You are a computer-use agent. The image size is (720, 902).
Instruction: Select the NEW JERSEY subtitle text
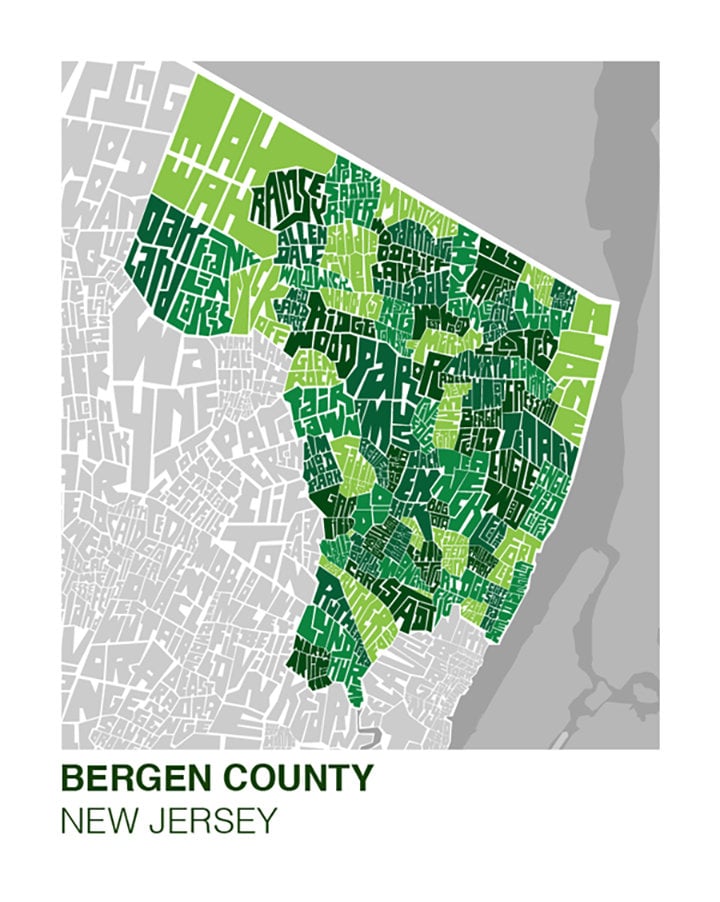[x=167, y=821]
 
